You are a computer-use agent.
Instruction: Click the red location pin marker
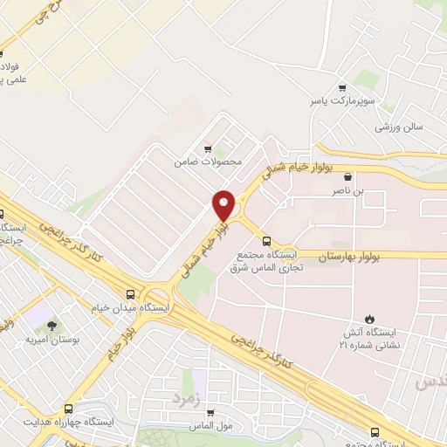pos(223,205)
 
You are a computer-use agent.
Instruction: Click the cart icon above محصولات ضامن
pos(207,148)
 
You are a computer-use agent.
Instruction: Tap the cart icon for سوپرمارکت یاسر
pos(341,87)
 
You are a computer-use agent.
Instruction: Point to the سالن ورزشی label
pos(399,127)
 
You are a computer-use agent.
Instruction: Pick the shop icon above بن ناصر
pos(347,175)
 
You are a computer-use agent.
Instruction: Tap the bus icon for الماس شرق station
pos(266,243)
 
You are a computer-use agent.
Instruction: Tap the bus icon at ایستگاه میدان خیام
pos(130,294)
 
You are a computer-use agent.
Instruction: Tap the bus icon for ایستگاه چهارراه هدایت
pos(68,408)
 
